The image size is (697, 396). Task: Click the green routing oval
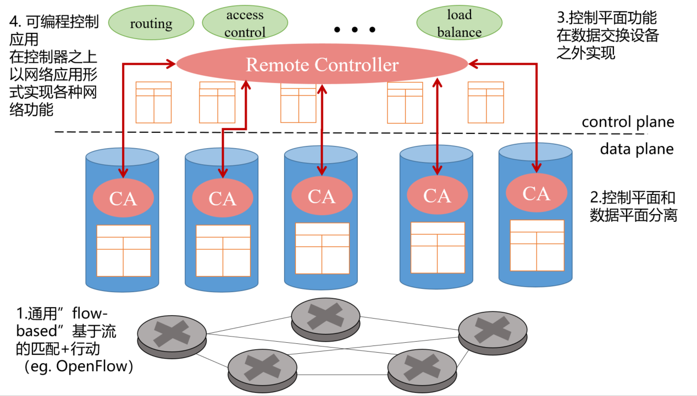[x=151, y=24]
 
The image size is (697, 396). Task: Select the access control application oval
[x=245, y=24]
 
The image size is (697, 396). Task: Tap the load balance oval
[x=459, y=24]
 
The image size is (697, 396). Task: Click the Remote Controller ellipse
[x=322, y=65]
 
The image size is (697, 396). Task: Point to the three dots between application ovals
[x=355, y=30]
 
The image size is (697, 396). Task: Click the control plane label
[x=628, y=122]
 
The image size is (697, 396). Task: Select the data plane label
[x=636, y=149]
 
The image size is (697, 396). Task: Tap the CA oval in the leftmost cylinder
[x=123, y=198]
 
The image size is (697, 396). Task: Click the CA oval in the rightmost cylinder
[x=536, y=193]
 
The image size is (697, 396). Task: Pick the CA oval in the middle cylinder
[x=322, y=196]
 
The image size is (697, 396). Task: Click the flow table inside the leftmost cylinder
[x=124, y=250]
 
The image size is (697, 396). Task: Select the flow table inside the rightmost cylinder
[x=537, y=245]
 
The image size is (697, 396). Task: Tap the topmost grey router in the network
[x=325, y=317]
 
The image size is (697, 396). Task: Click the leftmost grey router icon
[x=172, y=333]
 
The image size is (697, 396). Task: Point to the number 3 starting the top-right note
[x=561, y=18]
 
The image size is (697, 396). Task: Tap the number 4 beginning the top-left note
[x=14, y=23]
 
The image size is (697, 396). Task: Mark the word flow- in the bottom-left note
[x=87, y=314]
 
